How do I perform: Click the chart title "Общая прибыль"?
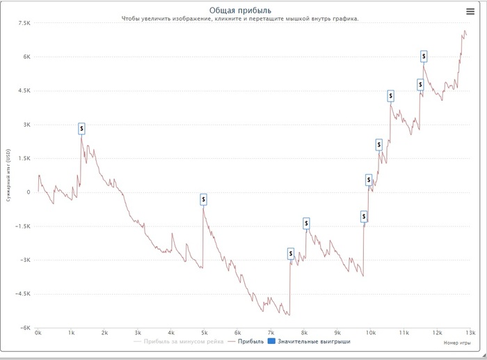click(240, 10)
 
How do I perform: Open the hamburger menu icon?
click(470, 11)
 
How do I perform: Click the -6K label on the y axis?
click(24, 328)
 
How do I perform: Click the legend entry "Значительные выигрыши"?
click(313, 343)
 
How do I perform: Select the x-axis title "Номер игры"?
click(457, 343)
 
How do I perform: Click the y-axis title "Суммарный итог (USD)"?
click(8, 175)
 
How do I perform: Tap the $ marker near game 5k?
click(203, 200)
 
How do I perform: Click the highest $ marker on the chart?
click(424, 56)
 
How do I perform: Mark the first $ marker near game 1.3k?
click(81, 129)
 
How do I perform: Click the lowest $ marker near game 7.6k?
click(291, 254)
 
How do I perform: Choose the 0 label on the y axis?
click(29, 192)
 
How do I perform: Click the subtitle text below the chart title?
click(240, 19)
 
